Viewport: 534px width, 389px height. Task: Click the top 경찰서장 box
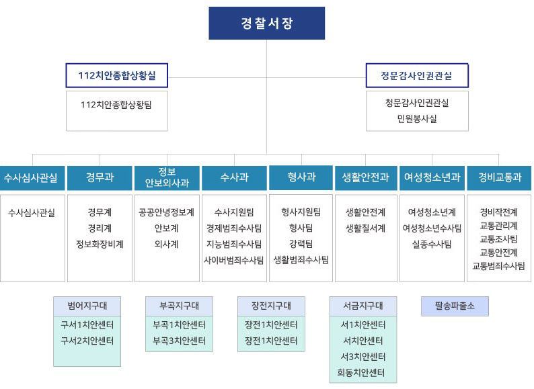click(266, 23)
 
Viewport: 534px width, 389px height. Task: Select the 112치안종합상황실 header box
click(117, 75)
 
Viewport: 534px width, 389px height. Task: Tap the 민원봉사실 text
click(417, 119)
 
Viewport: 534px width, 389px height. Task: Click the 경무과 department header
click(100, 177)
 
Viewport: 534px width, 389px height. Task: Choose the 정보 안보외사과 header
click(167, 177)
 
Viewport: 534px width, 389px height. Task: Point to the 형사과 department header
click(301, 177)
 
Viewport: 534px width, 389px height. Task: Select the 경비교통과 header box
click(499, 177)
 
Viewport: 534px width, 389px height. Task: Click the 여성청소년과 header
click(432, 177)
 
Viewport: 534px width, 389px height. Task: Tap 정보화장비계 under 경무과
click(100, 244)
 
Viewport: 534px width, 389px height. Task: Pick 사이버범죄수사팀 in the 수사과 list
click(234, 261)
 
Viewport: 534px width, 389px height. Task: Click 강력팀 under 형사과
click(301, 244)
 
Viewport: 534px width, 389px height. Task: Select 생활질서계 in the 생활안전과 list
click(366, 228)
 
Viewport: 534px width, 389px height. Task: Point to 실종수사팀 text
click(432, 244)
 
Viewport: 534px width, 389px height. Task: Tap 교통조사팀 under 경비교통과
click(498, 239)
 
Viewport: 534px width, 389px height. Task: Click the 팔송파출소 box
click(455, 306)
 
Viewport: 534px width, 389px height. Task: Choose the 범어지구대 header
click(87, 306)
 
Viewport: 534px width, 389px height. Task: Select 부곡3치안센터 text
click(179, 341)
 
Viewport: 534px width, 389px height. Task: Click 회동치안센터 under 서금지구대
click(361, 373)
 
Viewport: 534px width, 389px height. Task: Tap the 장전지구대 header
click(271, 306)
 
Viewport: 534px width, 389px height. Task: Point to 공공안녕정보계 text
click(167, 212)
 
